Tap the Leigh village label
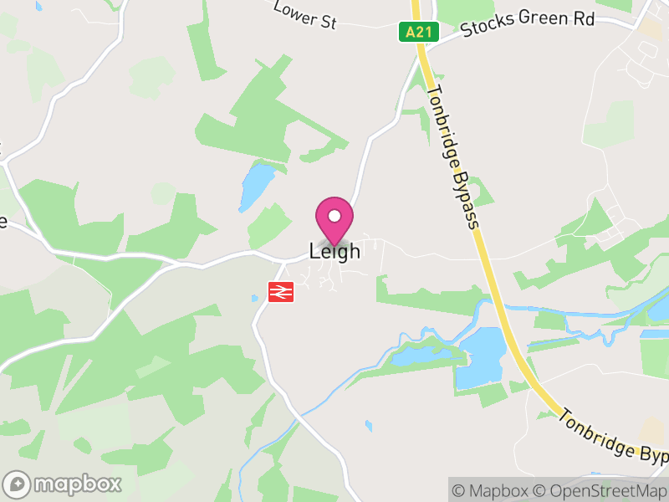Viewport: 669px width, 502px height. coord(334,250)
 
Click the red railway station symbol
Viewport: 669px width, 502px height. coord(279,291)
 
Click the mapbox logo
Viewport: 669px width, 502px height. coord(64,484)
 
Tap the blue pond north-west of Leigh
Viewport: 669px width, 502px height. coord(256,186)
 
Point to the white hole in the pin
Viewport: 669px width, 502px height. coord(334,216)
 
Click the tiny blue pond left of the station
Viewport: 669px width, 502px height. coord(254,298)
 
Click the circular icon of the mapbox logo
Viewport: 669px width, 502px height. coord(18,484)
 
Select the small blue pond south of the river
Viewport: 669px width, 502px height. coord(369,426)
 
